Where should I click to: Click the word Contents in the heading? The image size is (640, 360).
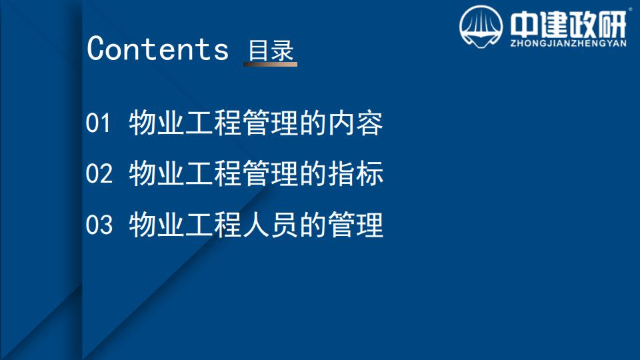point(157,49)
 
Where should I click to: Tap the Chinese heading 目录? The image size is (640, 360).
point(271,50)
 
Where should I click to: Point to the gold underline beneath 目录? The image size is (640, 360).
point(270,64)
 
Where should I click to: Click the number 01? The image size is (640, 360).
point(99,123)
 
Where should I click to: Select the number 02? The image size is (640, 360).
point(99,173)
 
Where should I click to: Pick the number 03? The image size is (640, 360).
point(99,225)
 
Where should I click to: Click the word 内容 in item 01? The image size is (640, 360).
point(356,123)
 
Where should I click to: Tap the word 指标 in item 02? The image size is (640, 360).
point(356,173)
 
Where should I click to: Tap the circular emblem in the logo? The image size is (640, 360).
point(481,27)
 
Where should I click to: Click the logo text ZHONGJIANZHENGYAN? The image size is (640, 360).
point(568,43)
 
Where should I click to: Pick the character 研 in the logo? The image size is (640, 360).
point(612,25)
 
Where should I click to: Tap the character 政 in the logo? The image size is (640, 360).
point(583,25)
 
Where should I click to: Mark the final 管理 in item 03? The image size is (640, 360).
point(356,225)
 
